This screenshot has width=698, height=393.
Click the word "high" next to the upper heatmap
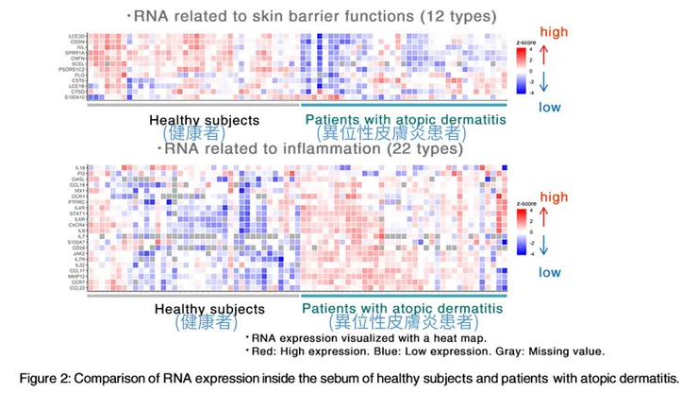(x=559, y=16)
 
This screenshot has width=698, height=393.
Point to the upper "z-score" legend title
(x=526, y=44)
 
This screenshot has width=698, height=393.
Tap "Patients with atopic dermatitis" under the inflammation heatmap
(x=403, y=309)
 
